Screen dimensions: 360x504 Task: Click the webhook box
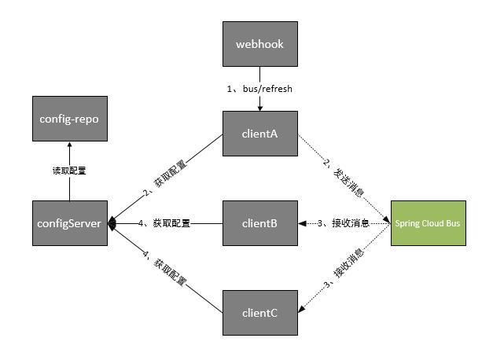[259, 43]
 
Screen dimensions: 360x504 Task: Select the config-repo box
[69, 119]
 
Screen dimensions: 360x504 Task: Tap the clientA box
[259, 133]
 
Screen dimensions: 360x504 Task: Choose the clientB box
[259, 223]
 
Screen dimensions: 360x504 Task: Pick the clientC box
[259, 313]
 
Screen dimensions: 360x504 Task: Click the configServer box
[69, 223]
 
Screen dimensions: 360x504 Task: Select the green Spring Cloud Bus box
[428, 223]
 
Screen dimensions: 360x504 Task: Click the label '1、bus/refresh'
[259, 89]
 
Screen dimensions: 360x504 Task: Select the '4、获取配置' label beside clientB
[163, 223]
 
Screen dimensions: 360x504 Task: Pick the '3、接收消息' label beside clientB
[344, 223]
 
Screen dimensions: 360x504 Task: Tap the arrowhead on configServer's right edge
[112, 223]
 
